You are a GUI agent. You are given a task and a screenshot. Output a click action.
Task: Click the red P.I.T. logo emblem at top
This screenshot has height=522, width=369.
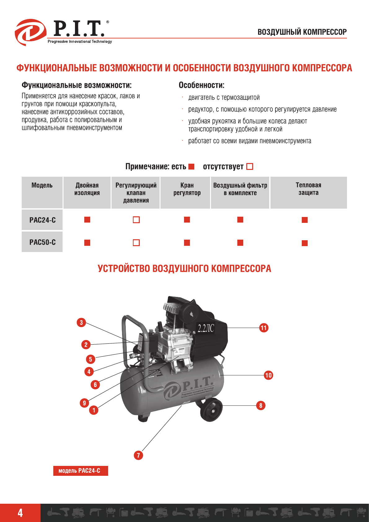point(30,32)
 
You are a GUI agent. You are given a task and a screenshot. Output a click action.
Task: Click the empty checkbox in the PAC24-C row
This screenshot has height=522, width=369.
point(136,220)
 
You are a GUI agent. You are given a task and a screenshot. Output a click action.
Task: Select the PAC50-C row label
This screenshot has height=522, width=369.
point(42,242)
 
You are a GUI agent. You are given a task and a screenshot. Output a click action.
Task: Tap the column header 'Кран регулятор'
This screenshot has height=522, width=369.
point(187,189)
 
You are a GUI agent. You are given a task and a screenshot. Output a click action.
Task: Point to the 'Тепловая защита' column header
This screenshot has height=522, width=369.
point(308,189)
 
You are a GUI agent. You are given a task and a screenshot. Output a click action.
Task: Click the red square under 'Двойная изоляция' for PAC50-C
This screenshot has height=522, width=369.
point(87,243)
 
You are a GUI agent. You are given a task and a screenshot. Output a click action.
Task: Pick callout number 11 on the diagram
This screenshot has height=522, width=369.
point(264,328)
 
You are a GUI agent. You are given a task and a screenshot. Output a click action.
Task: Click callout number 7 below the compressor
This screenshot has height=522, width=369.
point(138,455)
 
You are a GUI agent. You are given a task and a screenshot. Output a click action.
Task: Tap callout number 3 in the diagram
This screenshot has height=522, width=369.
point(81,322)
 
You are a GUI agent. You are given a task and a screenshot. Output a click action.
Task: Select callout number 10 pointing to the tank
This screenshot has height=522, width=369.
point(268,375)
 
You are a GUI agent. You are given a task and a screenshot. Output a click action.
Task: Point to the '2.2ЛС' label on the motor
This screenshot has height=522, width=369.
point(206,328)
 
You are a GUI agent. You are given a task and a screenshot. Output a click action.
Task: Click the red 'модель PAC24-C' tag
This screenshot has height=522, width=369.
point(80,471)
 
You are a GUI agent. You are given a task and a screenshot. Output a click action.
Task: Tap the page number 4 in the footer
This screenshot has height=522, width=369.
point(20,513)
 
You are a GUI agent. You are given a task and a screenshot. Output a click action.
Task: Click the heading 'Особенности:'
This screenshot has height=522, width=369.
point(201,85)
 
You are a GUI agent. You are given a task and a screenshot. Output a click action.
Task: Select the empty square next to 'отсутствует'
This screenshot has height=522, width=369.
point(250,167)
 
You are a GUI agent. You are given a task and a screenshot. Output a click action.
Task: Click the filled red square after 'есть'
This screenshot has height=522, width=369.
point(191,167)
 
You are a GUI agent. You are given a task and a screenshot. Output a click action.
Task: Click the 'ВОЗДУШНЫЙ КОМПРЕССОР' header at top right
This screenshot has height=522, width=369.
point(302,32)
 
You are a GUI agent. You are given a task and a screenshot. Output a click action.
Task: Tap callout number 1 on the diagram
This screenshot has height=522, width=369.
point(94,410)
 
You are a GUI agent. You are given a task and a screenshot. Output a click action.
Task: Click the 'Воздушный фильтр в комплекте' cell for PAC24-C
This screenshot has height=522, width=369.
point(240,220)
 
